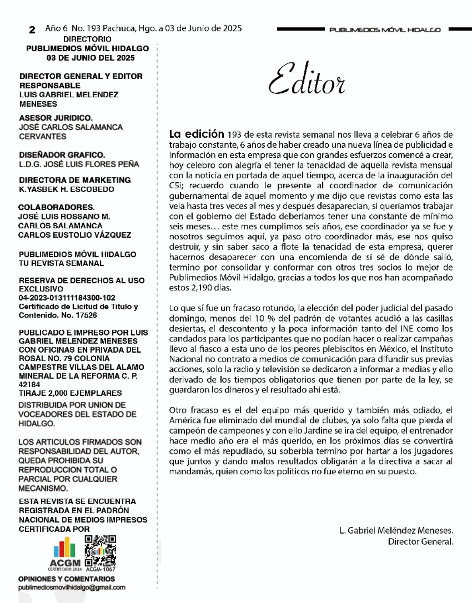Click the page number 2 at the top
[32, 30]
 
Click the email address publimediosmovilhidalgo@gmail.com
[72, 587]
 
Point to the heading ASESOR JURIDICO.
[56, 118]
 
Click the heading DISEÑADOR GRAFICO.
[62, 155]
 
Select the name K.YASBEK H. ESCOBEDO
[66, 189]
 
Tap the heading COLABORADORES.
[56, 207]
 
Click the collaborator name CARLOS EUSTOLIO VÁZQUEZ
[74, 235]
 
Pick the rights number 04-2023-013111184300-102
[67, 298]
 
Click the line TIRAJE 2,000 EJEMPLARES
[70, 393]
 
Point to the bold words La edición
[196, 134]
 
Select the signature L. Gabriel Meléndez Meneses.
[396, 530]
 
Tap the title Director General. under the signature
[420, 542]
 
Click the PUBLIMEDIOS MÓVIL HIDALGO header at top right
[385, 30]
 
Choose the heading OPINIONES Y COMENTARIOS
[66, 579]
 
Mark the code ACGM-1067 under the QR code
[101, 569]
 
